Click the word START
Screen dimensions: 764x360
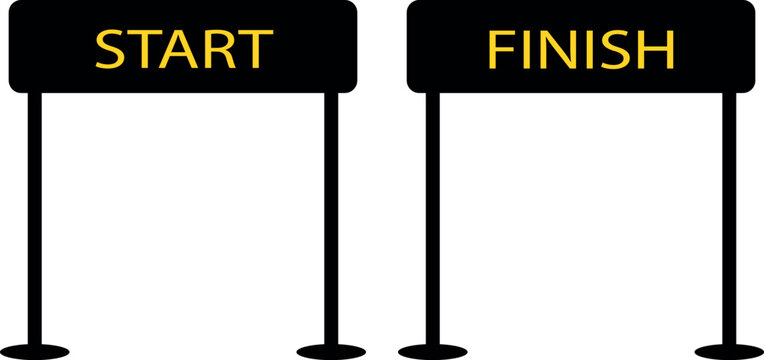click(183, 48)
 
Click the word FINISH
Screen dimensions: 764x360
click(580, 48)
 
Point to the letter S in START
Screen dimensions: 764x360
click(111, 48)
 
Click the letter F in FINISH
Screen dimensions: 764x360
click(500, 48)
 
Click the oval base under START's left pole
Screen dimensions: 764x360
click(35, 351)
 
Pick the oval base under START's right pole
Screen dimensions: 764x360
click(331, 351)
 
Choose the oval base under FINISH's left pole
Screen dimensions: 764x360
click(433, 351)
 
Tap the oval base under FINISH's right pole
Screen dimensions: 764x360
click(729, 351)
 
